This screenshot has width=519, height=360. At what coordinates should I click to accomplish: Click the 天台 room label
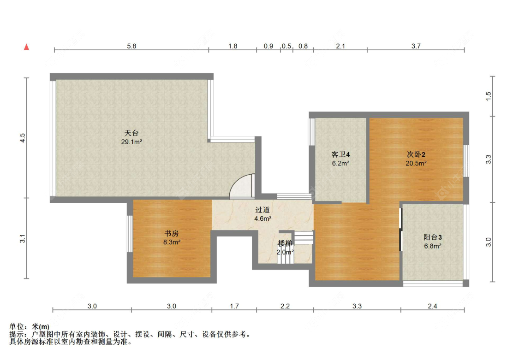click(131, 133)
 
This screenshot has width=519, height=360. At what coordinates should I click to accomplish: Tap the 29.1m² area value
click(131, 142)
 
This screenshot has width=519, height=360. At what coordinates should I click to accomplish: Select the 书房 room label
click(172, 233)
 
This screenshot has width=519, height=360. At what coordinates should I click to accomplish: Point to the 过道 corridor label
click(262, 210)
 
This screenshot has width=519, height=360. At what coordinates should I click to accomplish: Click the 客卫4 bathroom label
click(340, 154)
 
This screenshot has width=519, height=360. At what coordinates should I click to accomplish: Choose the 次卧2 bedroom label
click(416, 154)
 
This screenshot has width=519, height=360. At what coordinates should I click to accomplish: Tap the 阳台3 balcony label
click(433, 237)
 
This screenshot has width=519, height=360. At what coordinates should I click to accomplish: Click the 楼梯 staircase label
click(285, 243)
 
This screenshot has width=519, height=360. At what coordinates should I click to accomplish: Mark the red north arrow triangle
click(26, 47)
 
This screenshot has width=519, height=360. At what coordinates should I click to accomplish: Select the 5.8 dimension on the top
click(132, 46)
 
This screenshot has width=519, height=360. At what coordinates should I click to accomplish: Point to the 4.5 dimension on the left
click(22, 138)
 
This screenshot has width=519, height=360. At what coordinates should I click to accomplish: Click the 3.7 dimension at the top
click(416, 46)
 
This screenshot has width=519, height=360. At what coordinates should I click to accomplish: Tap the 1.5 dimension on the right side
click(489, 96)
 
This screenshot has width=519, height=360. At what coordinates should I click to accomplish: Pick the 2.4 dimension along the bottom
click(433, 306)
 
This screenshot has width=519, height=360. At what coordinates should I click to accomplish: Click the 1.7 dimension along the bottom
click(234, 306)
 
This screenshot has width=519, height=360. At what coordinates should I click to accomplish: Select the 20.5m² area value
click(416, 163)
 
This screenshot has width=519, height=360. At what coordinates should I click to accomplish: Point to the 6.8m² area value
click(433, 246)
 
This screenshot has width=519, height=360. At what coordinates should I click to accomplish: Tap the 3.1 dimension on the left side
click(22, 238)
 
